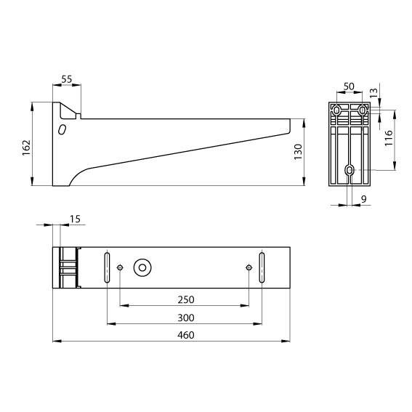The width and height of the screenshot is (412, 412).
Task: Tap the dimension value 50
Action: pos(349,86)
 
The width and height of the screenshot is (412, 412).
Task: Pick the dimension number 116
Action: pos(389,138)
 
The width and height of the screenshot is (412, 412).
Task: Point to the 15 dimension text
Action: pos(75,219)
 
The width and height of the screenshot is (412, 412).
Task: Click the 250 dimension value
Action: pos(185,299)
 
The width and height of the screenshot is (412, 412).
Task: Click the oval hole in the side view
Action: pos(62,129)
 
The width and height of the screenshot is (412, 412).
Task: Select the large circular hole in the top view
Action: pos(142,267)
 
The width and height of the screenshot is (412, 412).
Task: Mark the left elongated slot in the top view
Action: pos(108,267)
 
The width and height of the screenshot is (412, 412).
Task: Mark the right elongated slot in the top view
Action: pos(262,267)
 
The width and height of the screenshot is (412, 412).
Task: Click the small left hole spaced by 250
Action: pos(121,267)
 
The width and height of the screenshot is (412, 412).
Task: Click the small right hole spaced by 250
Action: pos(249,267)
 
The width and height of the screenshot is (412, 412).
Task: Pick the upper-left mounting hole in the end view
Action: pos(336,110)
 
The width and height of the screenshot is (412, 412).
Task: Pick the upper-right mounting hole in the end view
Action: pos(363,110)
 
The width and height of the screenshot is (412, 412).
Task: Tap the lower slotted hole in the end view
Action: pos(350,170)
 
